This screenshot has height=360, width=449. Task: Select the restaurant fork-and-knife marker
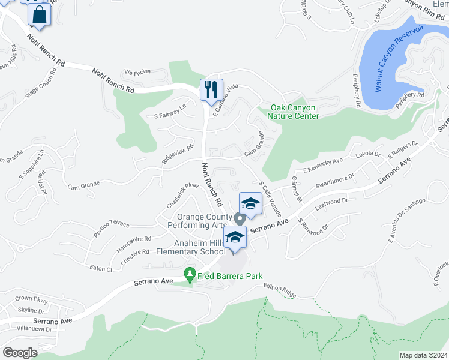[x=211, y=90]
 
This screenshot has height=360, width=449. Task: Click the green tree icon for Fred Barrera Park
[x=190, y=275]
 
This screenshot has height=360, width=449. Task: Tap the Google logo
[x=20, y=353]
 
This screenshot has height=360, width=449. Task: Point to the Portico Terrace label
[x=111, y=224]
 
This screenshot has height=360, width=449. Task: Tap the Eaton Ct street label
[x=101, y=269]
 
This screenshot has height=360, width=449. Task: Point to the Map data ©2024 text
[x=423, y=355]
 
